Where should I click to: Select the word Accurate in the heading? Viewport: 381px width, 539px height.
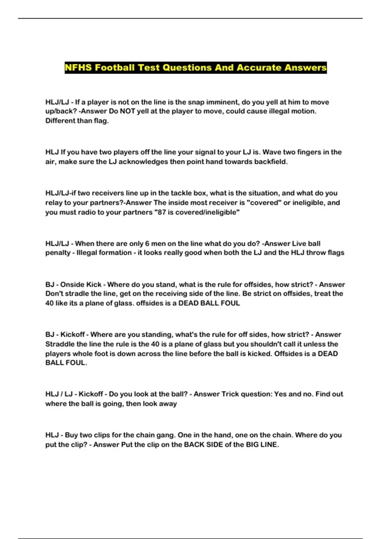259,68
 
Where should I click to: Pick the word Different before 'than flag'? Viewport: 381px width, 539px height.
60,121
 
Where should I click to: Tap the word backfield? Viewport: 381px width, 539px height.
271,162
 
